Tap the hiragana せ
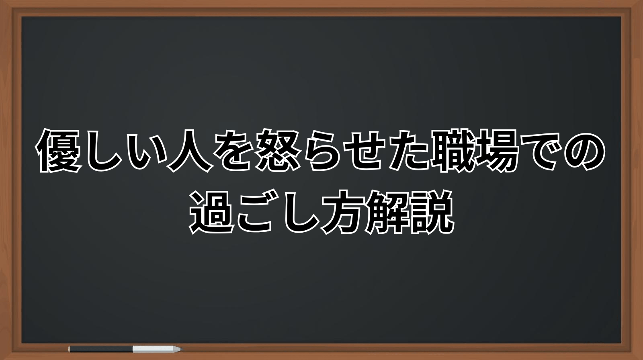click(x=367, y=150)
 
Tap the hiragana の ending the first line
click(x=585, y=151)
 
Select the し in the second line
click(x=300, y=213)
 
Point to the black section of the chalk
click(x=100, y=349)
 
